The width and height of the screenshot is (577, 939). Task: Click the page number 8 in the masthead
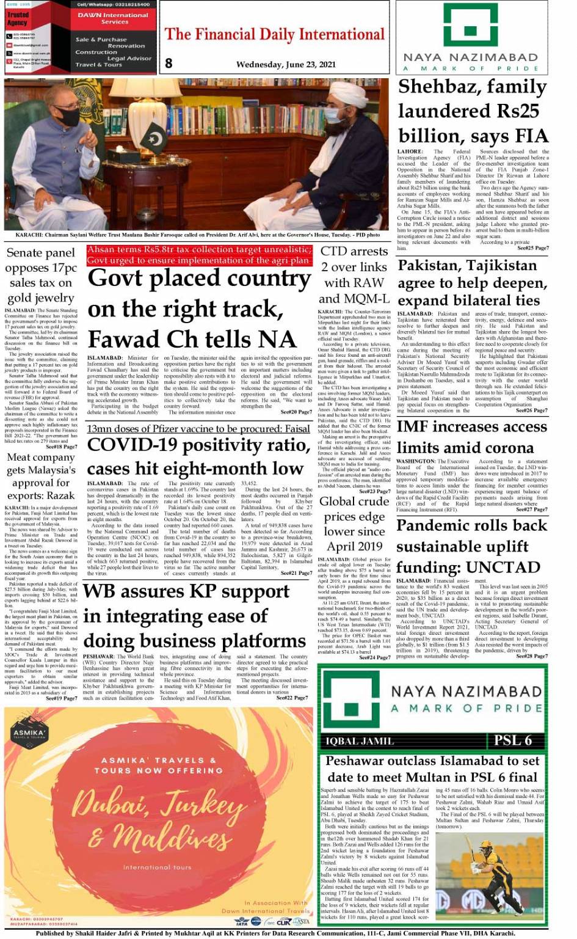(x=169, y=62)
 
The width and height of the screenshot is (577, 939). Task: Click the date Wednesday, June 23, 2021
(x=286, y=64)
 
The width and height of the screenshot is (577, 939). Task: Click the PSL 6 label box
(x=513, y=740)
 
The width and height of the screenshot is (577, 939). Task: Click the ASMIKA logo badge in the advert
(x=29, y=733)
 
